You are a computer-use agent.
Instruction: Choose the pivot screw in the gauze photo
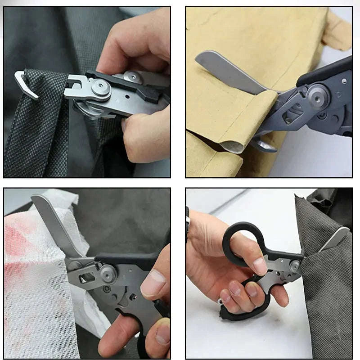pos(108,273)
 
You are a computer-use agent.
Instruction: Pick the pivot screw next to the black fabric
pos(295,266)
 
